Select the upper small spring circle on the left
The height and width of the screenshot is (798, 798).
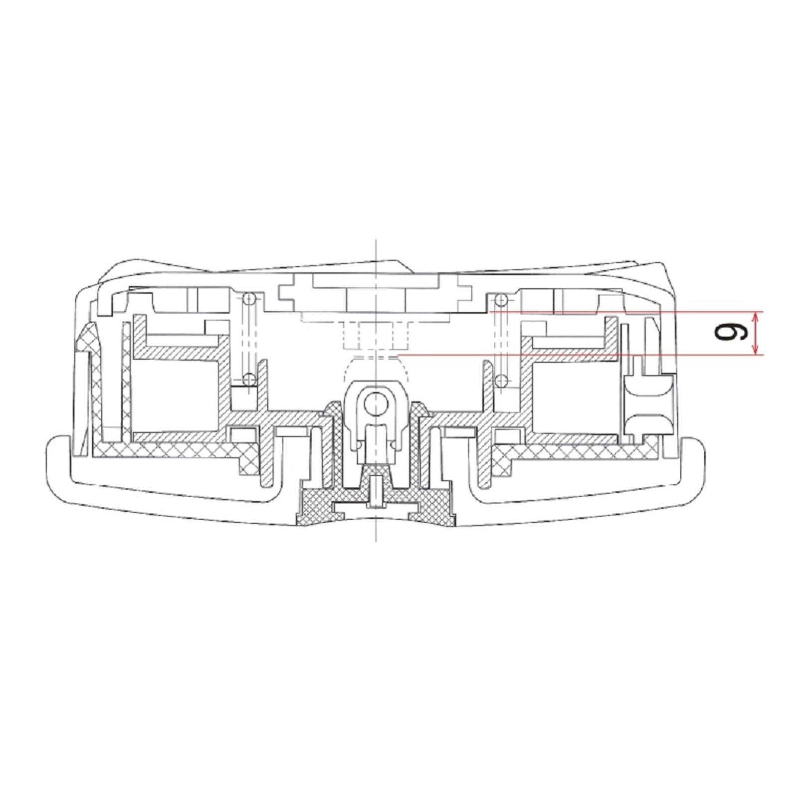coord(249,299)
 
